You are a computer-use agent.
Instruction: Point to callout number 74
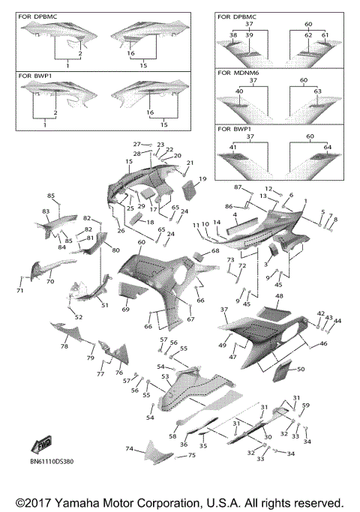tap(128, 448)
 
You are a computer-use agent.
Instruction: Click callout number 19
tap(202, 178)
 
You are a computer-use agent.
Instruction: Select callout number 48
tap(279, 296)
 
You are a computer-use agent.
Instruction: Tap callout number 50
tap(300, 370)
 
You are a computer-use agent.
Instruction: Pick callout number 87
tap(237, 187)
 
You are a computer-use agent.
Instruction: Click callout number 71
tap(20, 290)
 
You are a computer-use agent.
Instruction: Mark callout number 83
tap(46, 212)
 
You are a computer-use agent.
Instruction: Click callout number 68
tap(215, 251)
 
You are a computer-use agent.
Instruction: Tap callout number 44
tap(337, 320)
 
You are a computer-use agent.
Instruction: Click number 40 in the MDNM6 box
tap(239, 91)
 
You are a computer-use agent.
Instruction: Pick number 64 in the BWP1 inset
tap(327, 147)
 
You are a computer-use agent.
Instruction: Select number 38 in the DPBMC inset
tap(232, 35)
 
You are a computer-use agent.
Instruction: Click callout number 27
tap(137, 144)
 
